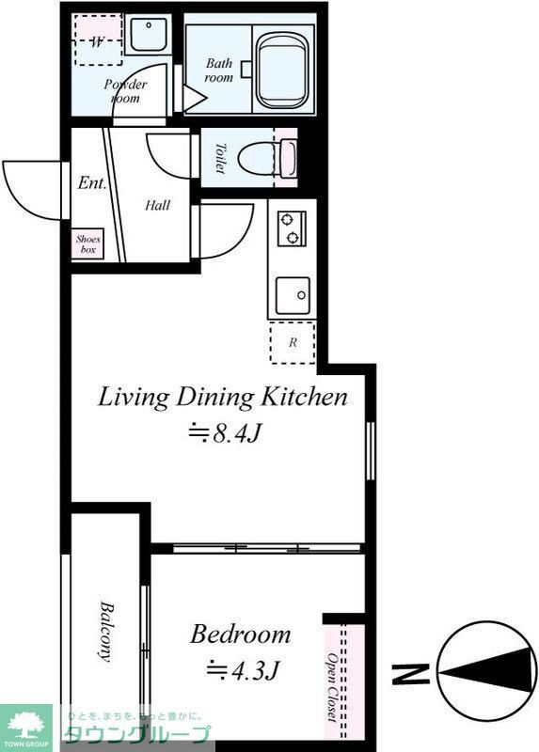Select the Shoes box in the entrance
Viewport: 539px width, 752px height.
tap(88, 244)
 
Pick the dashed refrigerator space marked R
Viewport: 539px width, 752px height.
tap(293, 343)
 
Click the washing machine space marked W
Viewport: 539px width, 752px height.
tap(97, 41)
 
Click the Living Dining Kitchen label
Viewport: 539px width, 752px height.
tap(223, 397)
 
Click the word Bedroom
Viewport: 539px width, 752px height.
tap(240, 634)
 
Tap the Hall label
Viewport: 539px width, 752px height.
tap(157, 205)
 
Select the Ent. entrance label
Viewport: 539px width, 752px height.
tap(91, 183)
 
